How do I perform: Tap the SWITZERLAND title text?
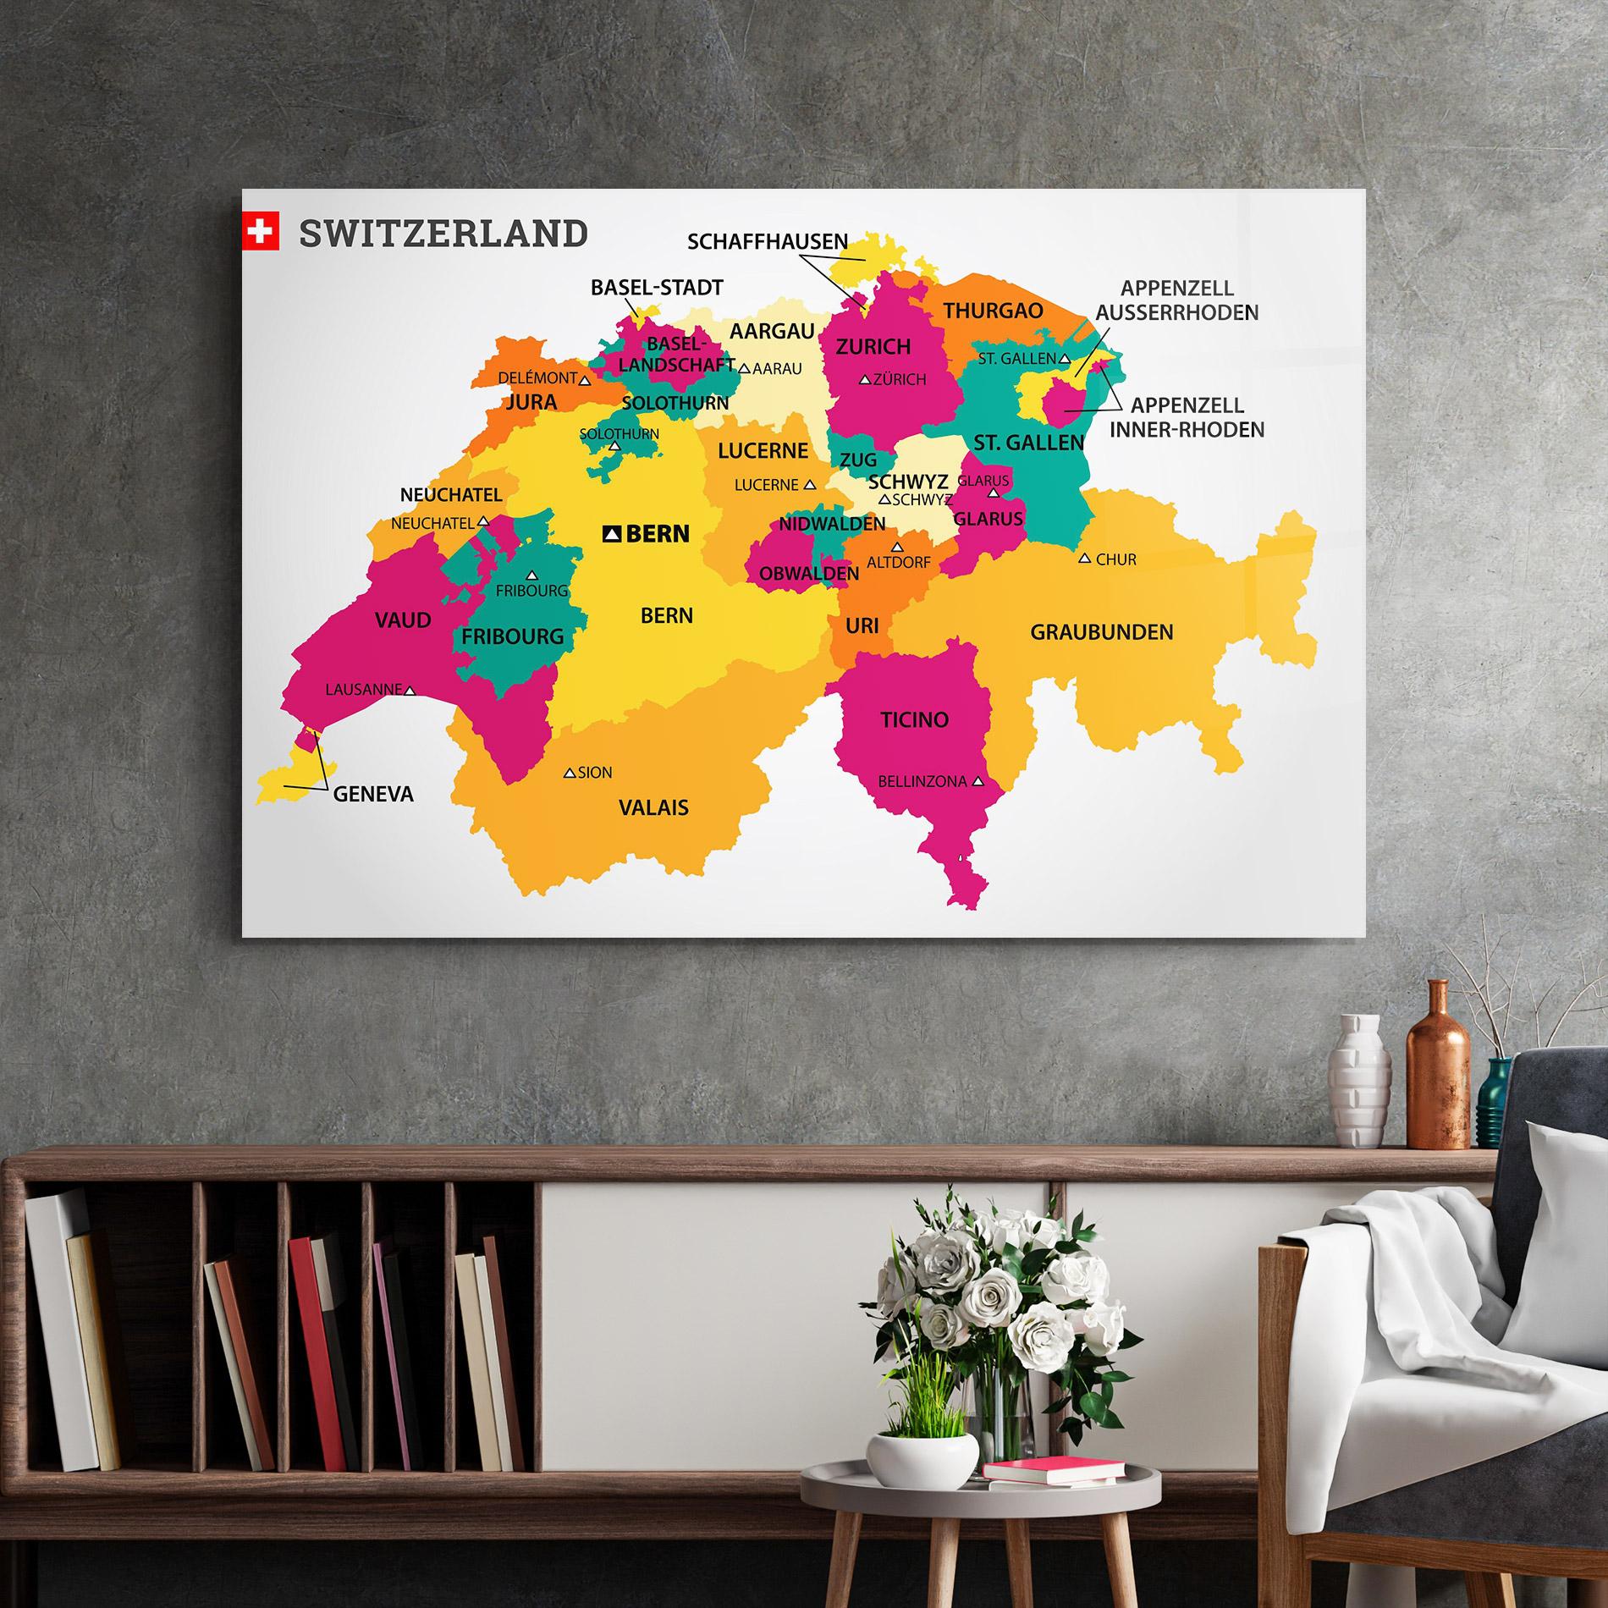tap(443, 233)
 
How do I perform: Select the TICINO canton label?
tap(914, 720)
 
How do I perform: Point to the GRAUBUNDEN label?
tap(1101, 631)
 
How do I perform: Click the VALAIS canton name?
tap(653, 807)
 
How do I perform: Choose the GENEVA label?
tap(373, 794)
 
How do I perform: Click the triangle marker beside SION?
tap(570, 773)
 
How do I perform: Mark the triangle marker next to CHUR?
tap(1084, 559)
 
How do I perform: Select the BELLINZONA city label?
tap(922, 782)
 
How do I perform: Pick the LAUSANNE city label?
tap(363, 690)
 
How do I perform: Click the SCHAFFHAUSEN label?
tap(768, 242)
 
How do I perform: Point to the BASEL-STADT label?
tap(657, 288)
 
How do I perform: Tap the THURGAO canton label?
tap(993, 311)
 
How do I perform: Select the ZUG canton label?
tap(858, 460)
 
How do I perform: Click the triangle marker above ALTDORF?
tap(897, 547)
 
